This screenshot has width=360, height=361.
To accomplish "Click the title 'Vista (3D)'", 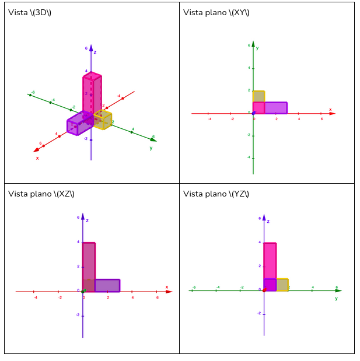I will click(30, 12).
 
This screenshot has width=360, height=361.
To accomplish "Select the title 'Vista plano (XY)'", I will click(216, 12).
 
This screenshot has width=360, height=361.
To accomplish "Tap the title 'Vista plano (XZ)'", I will click(41, 194).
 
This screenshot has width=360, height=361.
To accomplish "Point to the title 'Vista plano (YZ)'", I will click(216, 194).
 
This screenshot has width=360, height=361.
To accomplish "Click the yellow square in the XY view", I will click(258, 96).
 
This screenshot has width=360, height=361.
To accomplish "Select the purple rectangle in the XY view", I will click(276, 108).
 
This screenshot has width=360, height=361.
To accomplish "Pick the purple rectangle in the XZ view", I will click(107, 285).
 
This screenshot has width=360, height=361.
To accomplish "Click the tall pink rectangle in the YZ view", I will click(270, 260).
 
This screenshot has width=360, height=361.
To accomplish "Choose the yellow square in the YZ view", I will click(282, 285).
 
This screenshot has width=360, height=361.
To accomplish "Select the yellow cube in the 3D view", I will click(103, 120).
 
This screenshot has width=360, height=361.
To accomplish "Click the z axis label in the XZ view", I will click(87, 220).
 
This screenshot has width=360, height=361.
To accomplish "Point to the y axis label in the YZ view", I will click(336, 298).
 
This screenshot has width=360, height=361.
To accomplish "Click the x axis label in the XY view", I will click(330, 109).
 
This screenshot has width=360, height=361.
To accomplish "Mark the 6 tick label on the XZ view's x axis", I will click(157, 297).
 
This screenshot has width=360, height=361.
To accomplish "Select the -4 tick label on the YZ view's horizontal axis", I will click(218, 287).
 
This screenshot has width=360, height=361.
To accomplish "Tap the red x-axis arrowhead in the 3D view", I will click(36, 150).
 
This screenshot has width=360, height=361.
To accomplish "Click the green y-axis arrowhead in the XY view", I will click(253, 43).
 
